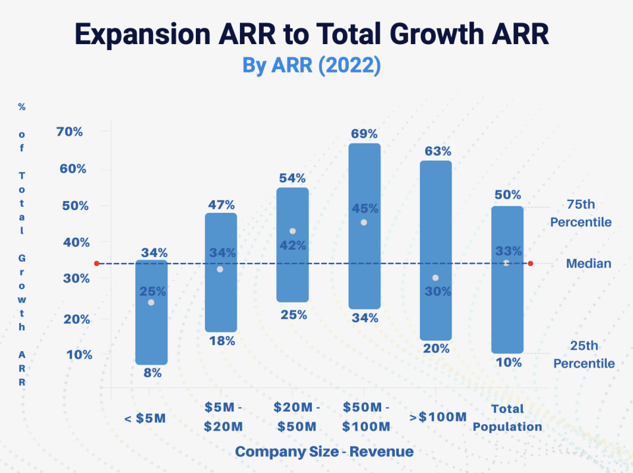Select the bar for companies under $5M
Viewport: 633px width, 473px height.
coord(151,329)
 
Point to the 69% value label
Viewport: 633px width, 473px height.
coord(365,133)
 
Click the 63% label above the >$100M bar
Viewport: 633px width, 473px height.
coord(438,151)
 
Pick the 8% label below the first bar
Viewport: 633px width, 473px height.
coord(152,373)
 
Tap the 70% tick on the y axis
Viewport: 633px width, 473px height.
coord(71,132)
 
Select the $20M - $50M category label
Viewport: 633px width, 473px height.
coord(296,417)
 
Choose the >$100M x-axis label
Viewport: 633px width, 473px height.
coord(438,416)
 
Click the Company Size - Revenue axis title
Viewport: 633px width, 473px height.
coord(324,452)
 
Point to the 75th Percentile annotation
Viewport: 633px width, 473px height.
coord(581,213)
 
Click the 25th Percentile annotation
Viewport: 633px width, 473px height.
coord(584,354)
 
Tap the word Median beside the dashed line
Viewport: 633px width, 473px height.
coord(588,264)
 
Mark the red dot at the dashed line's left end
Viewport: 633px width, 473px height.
coord(96,264)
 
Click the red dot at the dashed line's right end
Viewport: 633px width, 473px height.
coord(531,264)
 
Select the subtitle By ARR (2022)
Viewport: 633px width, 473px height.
coord(312,66)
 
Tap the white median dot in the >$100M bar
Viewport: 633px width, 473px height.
coord(435,278)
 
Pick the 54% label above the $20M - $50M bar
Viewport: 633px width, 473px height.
coord(292,179)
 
